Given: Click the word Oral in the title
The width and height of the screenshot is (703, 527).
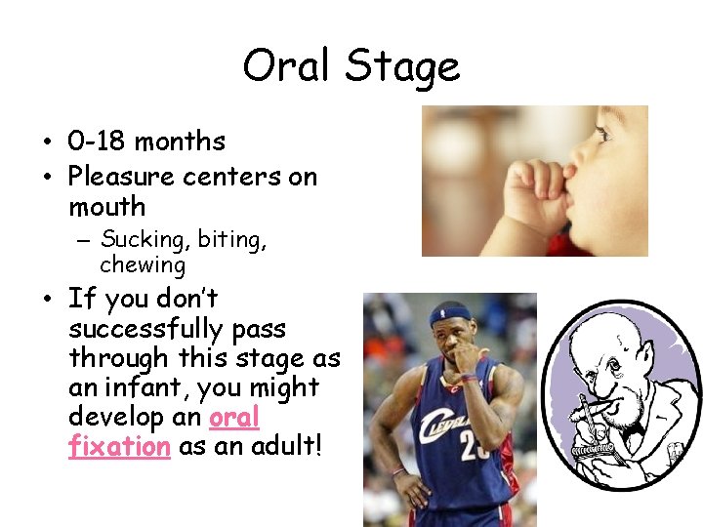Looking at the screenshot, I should tap(283, 66).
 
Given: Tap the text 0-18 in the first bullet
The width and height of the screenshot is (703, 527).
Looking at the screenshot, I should tap(98, 142).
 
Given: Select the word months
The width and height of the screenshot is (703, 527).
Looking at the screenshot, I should tap(180, 142).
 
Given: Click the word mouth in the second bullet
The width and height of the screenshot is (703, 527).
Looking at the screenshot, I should tap(106, 207).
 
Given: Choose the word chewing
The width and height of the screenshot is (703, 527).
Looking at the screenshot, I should tap(142, 264).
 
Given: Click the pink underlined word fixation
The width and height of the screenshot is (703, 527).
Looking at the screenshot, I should tap(119, 447).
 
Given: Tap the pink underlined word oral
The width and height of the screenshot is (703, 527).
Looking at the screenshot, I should tap(234, 417).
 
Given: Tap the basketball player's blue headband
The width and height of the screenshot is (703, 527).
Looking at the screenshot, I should tap(451, 315).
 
